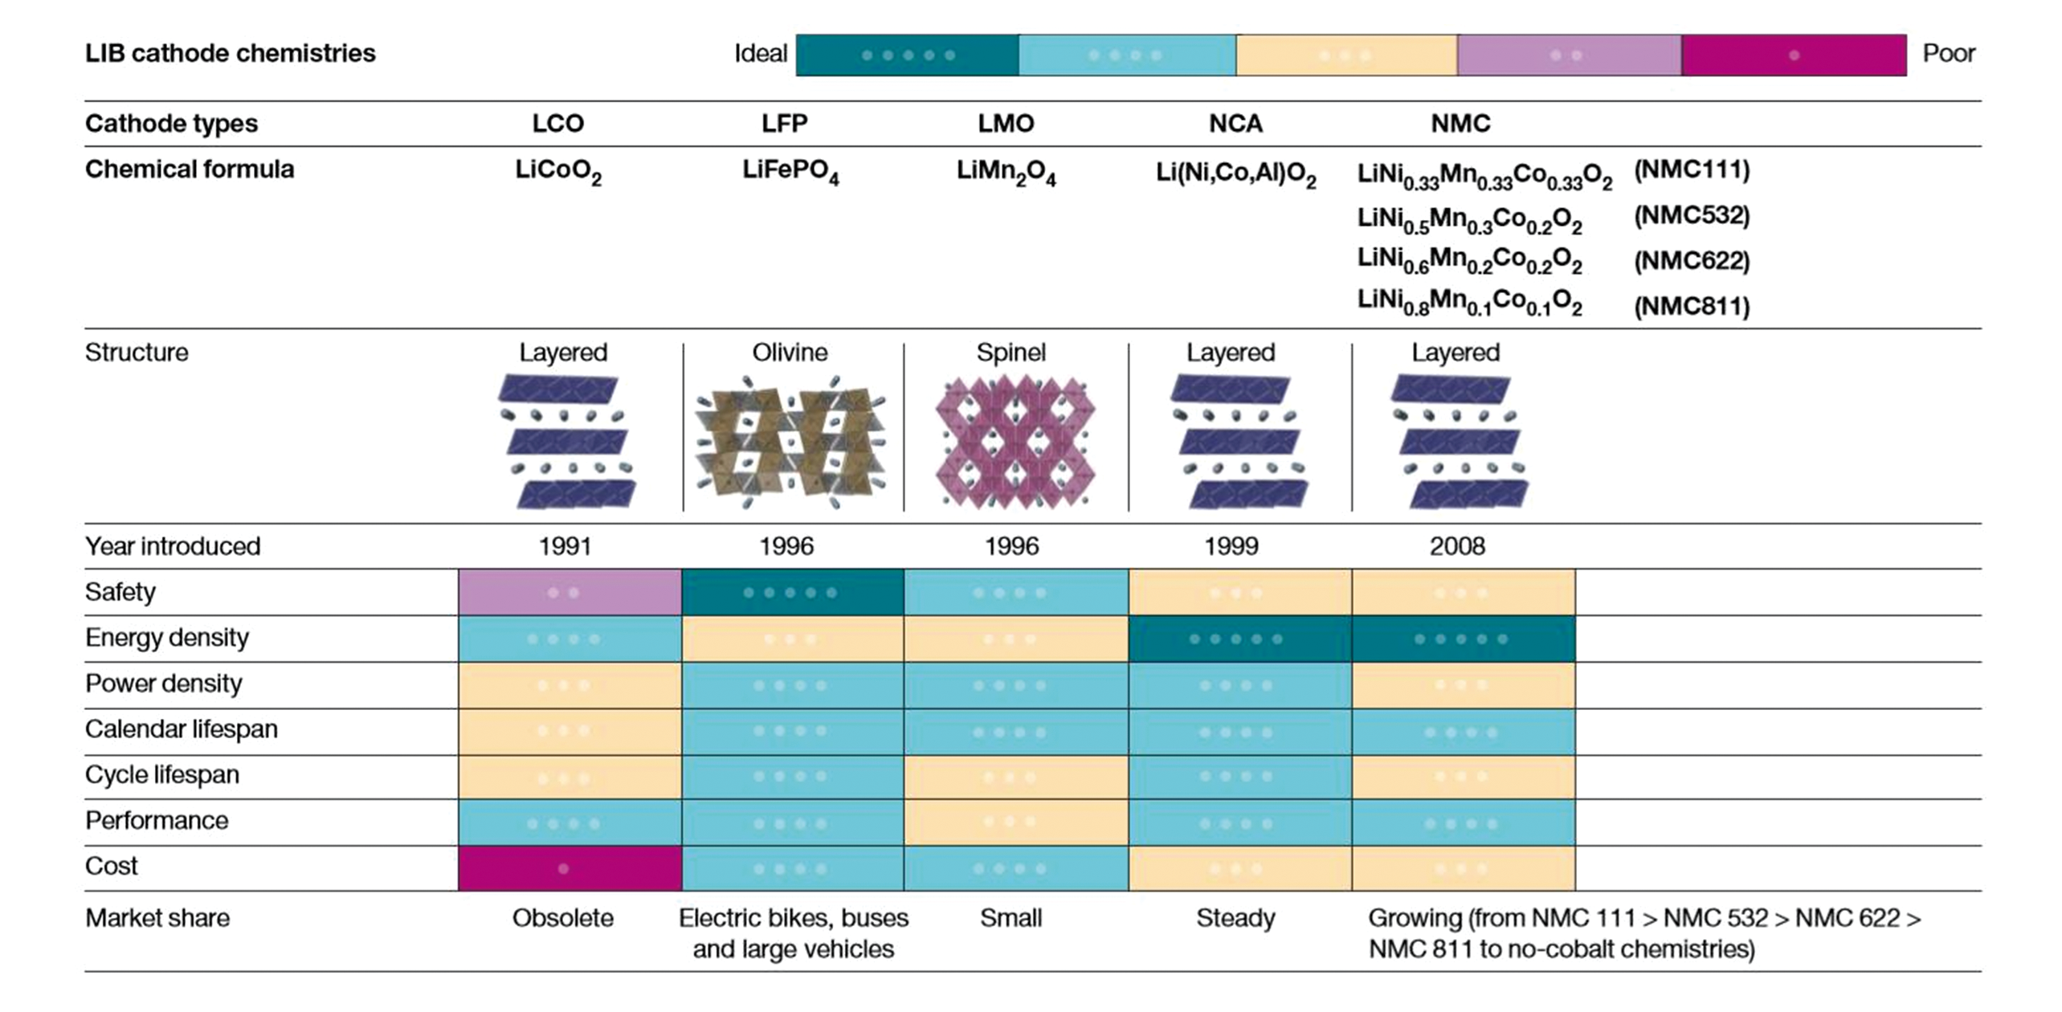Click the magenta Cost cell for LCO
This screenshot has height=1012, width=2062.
[x=570, y=868]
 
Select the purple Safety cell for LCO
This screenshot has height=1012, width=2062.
[x=570, y=593]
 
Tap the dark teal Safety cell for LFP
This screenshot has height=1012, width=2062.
[x=792, y=593]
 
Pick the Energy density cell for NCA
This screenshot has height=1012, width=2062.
[x=1239, y=639]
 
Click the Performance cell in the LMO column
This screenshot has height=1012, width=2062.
[x=1015, y=822]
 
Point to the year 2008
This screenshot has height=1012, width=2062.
[x=1456, y=546]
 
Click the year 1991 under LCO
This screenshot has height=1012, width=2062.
[x=565, y=546]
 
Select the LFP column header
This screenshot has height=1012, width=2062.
[x=784, y=124]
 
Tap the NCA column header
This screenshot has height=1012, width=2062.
[x=1235, y=124]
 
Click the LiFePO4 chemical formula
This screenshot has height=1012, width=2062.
[x=790, y=172]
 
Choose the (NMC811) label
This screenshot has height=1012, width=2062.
[x=1691, y=306]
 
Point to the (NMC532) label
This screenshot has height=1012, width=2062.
[x=1691, y=215]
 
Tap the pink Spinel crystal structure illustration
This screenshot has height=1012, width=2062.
[x=1015, y=443]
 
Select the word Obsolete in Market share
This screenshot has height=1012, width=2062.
[x=562, y=918]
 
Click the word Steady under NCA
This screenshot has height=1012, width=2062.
[x=1235, y=918]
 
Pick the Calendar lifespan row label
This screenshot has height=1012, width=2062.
[x=182, y=729]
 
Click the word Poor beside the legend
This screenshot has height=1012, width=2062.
[x=1948, y=54]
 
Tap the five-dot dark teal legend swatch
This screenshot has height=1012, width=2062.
[x=907, y=55]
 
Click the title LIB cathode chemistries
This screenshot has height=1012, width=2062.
[x=231, y=54]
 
